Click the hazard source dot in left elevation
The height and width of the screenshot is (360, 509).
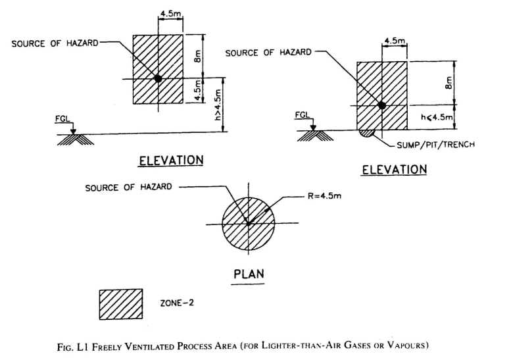(x=158, y=78)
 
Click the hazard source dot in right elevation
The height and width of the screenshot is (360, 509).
(x=381, y=105)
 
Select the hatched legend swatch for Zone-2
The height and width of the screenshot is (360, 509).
(x=120, y=304)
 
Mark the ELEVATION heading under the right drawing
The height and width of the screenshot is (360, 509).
(x=394, y=169)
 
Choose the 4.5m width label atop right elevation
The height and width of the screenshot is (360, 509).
(x=394, y=41)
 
